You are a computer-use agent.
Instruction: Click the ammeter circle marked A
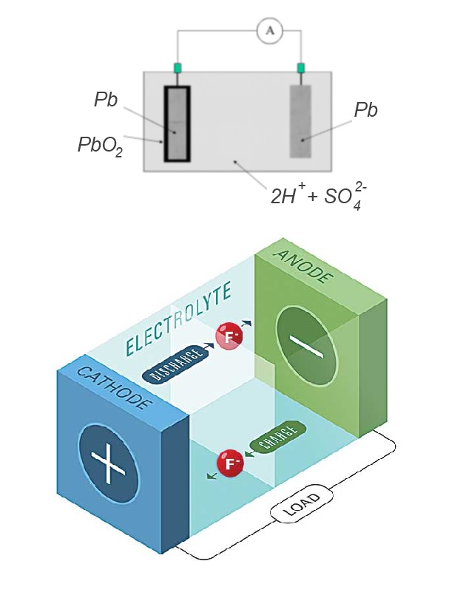[x=269, y=30]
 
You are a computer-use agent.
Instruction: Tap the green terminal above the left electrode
[x=178, y=69]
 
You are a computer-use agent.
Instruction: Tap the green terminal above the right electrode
[x=301, y=69]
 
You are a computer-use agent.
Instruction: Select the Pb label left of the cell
[x=106, y=101]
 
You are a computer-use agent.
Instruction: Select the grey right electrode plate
[x=301, y=122]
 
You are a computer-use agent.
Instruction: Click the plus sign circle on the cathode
[x=109, y=462]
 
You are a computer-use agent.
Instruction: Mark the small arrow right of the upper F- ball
[x=249, y=325]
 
